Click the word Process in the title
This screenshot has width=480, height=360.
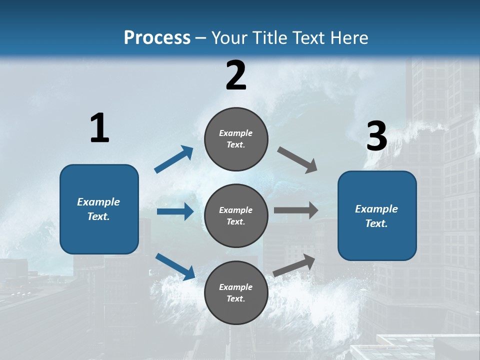[x=157, y=38]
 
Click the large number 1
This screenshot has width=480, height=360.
[x=99, y=128]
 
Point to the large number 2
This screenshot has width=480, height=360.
[x=236, y=76]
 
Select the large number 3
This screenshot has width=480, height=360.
[x=376, y=136]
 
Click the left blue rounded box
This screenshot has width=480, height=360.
[x=99, y=209]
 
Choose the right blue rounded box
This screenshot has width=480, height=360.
[x=377, y=216]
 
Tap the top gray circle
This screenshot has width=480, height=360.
[x=236, y=139]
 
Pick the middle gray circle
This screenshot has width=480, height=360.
[x=236, y=216]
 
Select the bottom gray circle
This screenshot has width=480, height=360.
[x=236, y=293]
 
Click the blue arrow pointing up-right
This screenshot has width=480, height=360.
[x=174, y=159]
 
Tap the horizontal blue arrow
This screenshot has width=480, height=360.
[x=175, y=211]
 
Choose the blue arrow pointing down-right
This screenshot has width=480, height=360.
[x=175, y=266]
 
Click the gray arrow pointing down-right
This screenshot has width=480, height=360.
[x=297, y=159]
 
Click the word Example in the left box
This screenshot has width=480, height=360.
[x=98, y=202]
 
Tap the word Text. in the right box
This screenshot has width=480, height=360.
[x=376, y=223]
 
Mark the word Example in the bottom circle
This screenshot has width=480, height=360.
[x=236, y=287]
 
